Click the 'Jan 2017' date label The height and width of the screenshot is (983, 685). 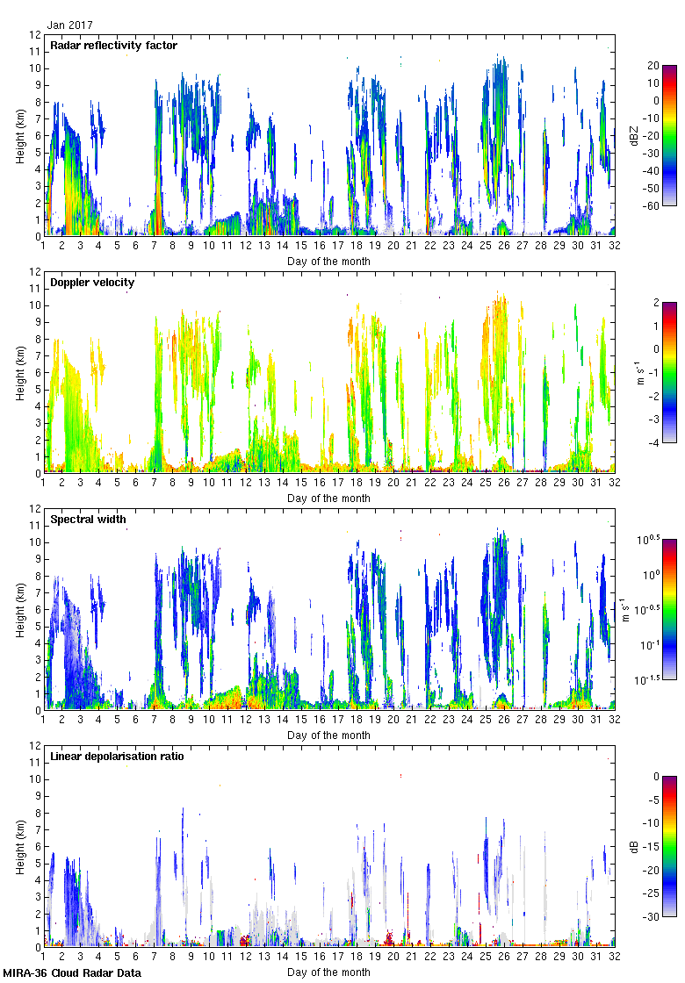click(70, 25)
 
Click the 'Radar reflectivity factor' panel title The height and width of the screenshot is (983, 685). click(114, 46)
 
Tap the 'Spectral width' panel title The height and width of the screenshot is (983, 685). click(88, 520)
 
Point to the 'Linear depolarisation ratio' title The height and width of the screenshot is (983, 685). click(117, 757)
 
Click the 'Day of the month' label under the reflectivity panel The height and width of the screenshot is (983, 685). click(328, 262)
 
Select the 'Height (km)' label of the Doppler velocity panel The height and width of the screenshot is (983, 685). click(19, 372)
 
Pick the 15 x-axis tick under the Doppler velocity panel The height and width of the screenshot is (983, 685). click(301, 483)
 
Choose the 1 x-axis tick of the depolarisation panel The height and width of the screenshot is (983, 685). click(43, 957)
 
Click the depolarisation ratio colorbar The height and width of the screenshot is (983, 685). click(668, 846)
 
